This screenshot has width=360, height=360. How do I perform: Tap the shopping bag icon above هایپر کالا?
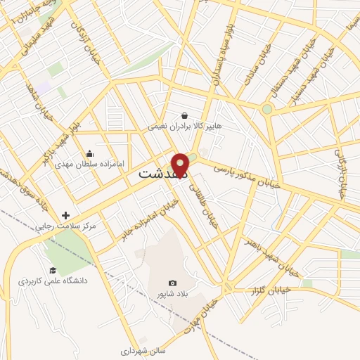click(x=184, y=115)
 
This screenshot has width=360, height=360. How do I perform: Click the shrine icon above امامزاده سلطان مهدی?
click(x=89, y=153)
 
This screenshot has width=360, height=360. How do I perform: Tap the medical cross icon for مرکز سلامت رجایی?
click(x=66, y=215)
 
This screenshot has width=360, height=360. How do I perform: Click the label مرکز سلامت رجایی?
click(x=68, y=226)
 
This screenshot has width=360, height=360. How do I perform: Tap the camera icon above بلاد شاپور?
click(x=173, y=283)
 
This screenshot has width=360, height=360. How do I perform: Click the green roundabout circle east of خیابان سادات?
click(x=267, y=109)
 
